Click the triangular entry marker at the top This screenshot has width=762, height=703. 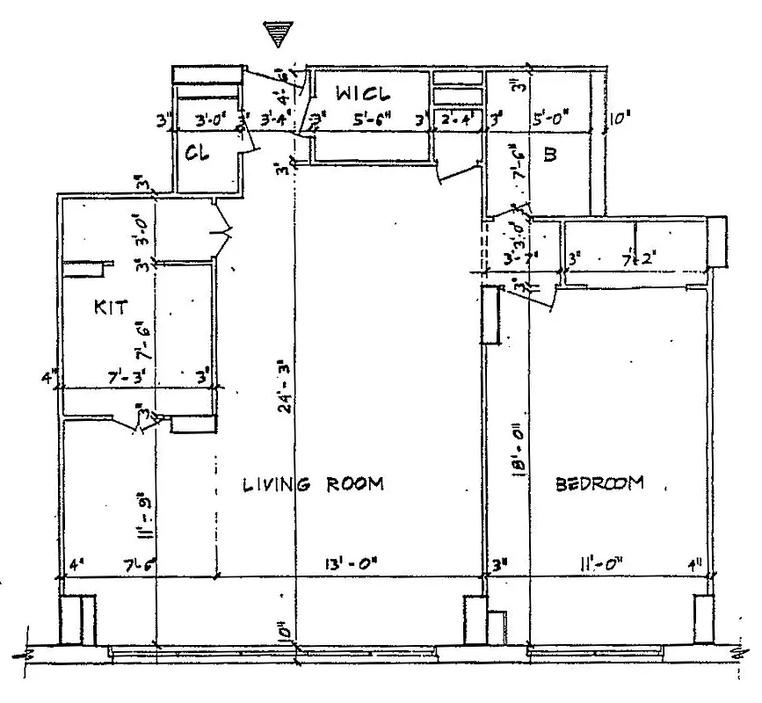(x=280, y=33)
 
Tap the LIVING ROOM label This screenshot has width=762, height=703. (x=314, y=484)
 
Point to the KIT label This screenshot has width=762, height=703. (x=111, y=308)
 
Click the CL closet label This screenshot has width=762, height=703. (x=196, y=153)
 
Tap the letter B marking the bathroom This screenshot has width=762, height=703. (x=550, y=156)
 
